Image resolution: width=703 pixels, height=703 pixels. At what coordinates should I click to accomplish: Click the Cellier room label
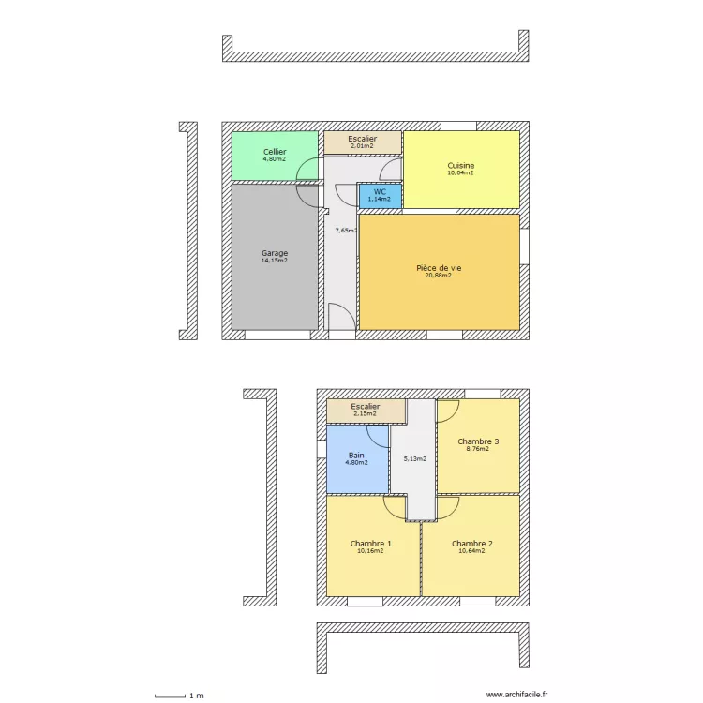point(275,152)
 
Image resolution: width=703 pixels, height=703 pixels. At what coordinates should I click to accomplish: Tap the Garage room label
point(275,253)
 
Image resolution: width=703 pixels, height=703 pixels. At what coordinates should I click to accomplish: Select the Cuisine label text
point(460,165)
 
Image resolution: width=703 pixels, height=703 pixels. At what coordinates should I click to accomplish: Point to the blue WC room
point(380,195)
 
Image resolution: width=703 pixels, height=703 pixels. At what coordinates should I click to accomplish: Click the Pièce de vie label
point(439,268)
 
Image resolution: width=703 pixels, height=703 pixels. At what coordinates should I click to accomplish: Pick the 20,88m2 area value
point(439,276)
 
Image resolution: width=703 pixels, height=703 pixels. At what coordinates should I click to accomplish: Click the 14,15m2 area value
point(275,261)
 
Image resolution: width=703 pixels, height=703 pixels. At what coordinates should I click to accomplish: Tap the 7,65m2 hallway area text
point(346,230)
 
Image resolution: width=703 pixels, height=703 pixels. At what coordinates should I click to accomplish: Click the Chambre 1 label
point(371,544)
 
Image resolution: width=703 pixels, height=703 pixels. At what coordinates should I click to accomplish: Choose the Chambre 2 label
point(471,544)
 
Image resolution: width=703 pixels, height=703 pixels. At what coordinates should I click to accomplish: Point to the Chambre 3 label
point(478,441)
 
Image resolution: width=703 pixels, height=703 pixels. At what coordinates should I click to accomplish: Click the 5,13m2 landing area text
point(414,458)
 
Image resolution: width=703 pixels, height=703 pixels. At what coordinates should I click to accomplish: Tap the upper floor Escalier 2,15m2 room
point(366,411)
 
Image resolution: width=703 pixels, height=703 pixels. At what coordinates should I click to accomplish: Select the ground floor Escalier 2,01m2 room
point(362,142)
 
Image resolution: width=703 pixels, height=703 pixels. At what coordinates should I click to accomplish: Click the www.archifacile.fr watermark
point(516,695)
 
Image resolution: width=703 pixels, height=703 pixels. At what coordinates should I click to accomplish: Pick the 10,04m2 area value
point(460,173)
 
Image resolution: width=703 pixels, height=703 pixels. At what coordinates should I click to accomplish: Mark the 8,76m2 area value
point(478,449)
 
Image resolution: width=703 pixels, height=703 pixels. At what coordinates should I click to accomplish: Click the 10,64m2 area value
point(471,551)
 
